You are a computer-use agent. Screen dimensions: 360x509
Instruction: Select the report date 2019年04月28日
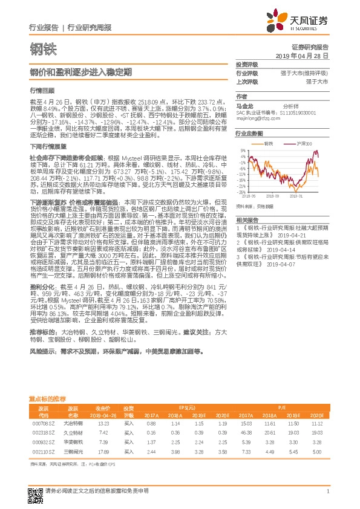pyautogui.click(x=306, y=55)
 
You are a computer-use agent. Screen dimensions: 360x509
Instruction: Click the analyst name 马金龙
pyautogui.click(x=244, y=105)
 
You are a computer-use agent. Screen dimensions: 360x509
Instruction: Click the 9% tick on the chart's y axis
pyautogui.click(x=243, y=149)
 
